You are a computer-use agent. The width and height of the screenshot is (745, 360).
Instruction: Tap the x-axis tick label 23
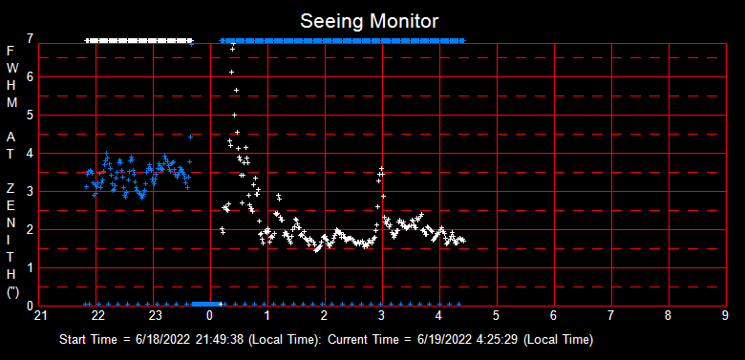[155, 315]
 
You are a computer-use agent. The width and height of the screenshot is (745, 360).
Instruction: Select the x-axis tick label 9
[725, 315]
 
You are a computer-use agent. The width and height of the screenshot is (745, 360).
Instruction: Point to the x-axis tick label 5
[497, 315]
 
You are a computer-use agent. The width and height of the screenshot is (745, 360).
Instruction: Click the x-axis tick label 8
[668, 315]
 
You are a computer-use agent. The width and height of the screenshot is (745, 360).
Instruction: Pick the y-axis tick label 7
[31, 39]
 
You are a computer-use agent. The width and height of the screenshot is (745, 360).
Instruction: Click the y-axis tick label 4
[31, 153]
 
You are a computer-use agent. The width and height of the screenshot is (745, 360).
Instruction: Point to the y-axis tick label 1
[31, 267]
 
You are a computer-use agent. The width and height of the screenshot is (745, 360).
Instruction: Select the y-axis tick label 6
[31, 76]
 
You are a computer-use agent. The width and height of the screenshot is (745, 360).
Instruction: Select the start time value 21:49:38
[221, 340]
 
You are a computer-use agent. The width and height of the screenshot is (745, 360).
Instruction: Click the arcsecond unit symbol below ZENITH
[11, 292]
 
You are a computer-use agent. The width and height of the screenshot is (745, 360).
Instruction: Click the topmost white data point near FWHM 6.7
[232, 48]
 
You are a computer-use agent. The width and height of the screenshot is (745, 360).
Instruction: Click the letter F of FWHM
[11, 50]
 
